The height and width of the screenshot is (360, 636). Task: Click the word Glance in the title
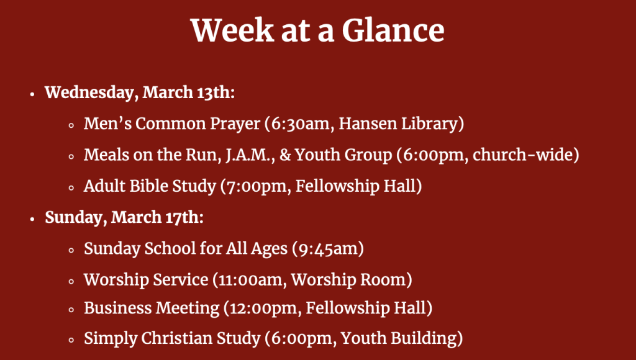click(x=393, y=30)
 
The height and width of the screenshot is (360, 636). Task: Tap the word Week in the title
click(x=232, y=30)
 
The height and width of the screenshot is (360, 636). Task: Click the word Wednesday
click(x=92, y=93)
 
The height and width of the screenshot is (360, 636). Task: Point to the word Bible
click(x=148, y=186)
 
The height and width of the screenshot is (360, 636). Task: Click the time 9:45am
click(x=328, y=248)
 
